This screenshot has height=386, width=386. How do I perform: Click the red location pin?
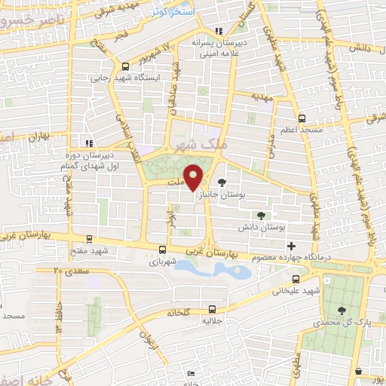point(194,178)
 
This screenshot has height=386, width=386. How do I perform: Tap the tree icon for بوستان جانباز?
point(221,182)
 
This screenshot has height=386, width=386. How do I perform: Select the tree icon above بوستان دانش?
point(262,215)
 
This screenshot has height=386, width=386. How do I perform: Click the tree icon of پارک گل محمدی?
point(342,310)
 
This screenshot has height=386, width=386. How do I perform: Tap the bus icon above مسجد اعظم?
point(302,118)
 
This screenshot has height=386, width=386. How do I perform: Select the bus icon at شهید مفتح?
point(90,240)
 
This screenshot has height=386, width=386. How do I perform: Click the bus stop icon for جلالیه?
point(212,308)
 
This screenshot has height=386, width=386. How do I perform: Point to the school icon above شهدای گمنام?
point(88,142)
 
